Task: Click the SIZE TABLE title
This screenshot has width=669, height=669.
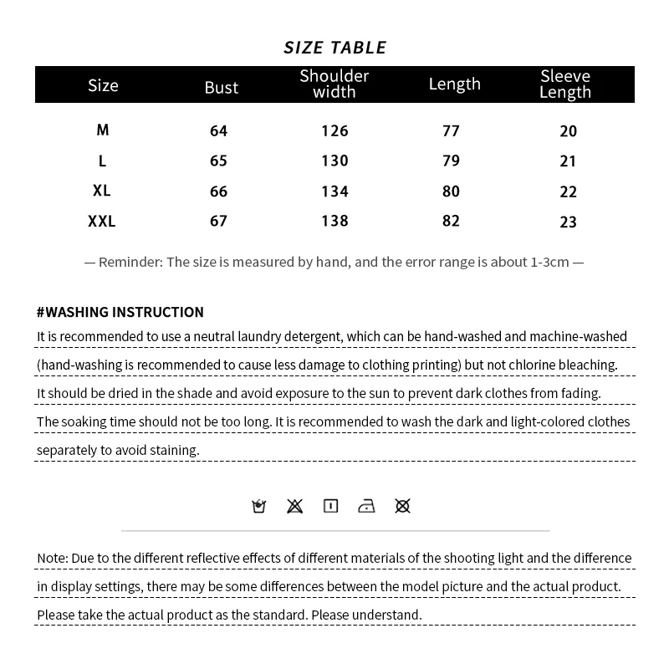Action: [x=334, y=48]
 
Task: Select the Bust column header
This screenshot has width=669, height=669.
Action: [x=222, y=87]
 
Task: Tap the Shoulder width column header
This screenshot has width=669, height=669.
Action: [x=334, y=84]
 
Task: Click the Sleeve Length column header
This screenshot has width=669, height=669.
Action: [x=565, y=84]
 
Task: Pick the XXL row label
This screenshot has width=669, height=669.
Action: [x=102, y=222]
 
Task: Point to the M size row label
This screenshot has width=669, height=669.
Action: [x=103, y=130]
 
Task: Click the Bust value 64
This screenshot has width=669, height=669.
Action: [x=219, y=131]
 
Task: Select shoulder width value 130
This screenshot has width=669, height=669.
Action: [x=334, y=161]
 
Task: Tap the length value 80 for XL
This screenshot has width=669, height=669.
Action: [x=452, y=192]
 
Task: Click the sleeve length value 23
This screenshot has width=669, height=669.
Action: [x=569, y=222]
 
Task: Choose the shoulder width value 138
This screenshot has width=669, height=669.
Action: [x=334, y=222]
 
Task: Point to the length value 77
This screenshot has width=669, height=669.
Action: [x=452, y=131]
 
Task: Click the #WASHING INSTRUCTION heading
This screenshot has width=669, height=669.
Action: [x=120, y=312]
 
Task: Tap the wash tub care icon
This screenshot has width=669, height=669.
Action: [x=259, y=506]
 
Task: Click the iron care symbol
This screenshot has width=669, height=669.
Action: [x=366, y=506]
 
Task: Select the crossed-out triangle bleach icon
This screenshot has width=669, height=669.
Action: [x=294, y=506]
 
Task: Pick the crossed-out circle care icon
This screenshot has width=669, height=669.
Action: [x=402, y=506]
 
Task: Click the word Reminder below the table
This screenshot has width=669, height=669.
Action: [x=130, y=262]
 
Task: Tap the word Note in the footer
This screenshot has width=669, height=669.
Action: [x=52, y=558]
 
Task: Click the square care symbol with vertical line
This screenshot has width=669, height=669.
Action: [x=330, y=506]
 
